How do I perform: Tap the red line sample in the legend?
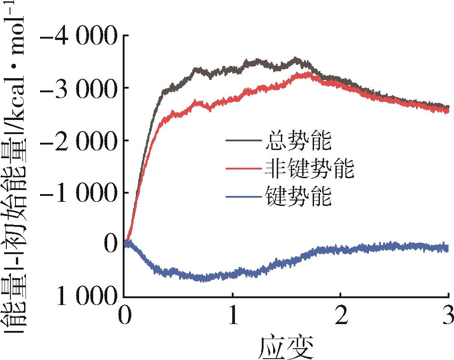(243, 169)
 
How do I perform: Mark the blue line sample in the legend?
(243, 196)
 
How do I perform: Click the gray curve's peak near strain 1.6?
(296, 59)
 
